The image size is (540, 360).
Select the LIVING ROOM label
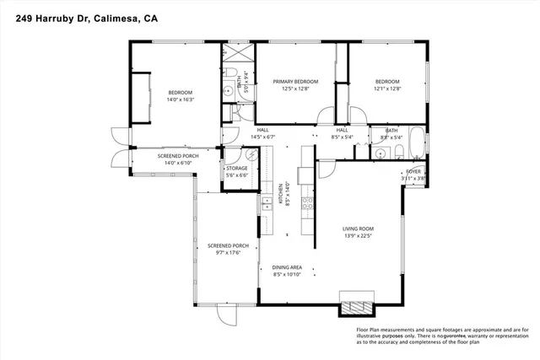(358, 228)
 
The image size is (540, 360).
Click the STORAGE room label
(236, 169)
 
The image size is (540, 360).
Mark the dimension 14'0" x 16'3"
(181, 99)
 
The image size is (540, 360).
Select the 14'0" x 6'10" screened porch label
(178, 162)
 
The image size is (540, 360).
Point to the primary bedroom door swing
(326, 117)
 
